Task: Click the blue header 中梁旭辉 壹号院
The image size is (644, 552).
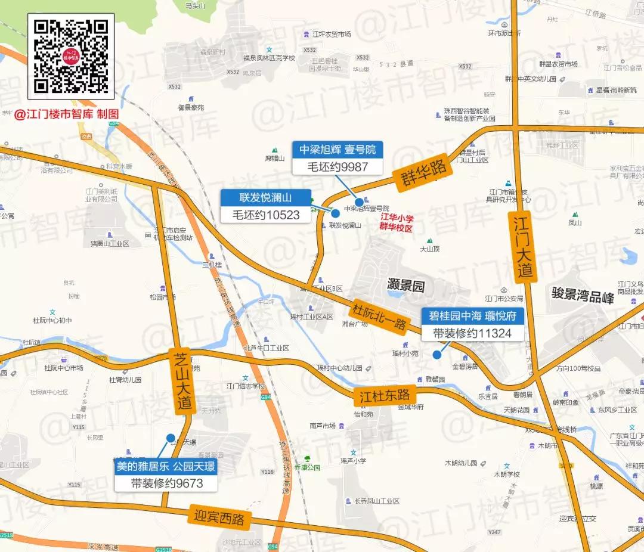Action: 338,150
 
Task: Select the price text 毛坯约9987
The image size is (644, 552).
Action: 338,167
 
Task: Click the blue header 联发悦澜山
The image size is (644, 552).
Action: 266,197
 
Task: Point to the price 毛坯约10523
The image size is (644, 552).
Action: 266,215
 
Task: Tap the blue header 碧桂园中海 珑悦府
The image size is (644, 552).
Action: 473,316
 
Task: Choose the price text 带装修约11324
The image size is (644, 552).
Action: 473,333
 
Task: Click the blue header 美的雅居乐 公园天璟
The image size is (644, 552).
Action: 166,466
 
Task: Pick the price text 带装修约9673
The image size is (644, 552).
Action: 166,483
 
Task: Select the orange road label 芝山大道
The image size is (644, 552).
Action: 182,380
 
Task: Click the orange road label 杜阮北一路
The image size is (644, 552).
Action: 380,316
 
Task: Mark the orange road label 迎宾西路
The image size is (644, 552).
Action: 219,517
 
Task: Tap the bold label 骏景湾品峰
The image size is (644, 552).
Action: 582,295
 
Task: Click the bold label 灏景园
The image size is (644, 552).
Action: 405,286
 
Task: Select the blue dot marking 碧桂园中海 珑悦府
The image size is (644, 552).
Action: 436,355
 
